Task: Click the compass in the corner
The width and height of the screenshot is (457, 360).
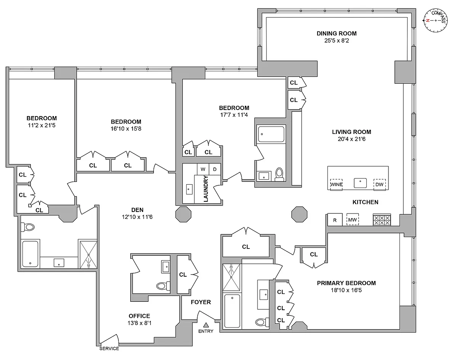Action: tap(436, 21)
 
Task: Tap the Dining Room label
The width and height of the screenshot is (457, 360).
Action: tap(337, 33)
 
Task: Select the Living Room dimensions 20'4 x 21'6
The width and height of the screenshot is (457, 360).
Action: tap(352, 139)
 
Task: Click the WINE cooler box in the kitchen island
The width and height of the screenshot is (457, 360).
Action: tap(336, 185)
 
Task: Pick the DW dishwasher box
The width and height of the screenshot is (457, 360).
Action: tap(379, 185)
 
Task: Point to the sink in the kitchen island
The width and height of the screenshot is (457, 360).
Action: tap(360, 183)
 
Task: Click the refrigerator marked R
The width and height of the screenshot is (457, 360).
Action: tap(335, 220)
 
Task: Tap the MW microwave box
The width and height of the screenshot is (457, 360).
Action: tap(353, 220)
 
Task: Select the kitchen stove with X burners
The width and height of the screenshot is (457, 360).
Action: tap(382, 220)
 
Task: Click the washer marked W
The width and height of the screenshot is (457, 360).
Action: tap(203, 169)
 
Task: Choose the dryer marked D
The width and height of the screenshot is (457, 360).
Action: tap(215, 169)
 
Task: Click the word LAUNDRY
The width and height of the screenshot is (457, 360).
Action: tap(206, 189)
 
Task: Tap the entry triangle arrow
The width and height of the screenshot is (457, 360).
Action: tap(206, 325)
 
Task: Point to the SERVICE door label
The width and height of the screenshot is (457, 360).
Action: tap(109, 349)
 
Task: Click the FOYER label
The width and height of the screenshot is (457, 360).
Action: tap(201, 302)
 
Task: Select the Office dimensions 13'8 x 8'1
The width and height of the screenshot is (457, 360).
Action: tap(139, 323)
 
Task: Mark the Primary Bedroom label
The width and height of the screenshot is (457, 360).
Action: tap(346, 283)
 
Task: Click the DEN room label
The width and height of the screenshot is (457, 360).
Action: tap(137, 210)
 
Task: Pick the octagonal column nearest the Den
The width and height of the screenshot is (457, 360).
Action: tap(183, 214)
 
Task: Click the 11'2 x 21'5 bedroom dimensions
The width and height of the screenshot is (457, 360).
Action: tap(42, 125)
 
